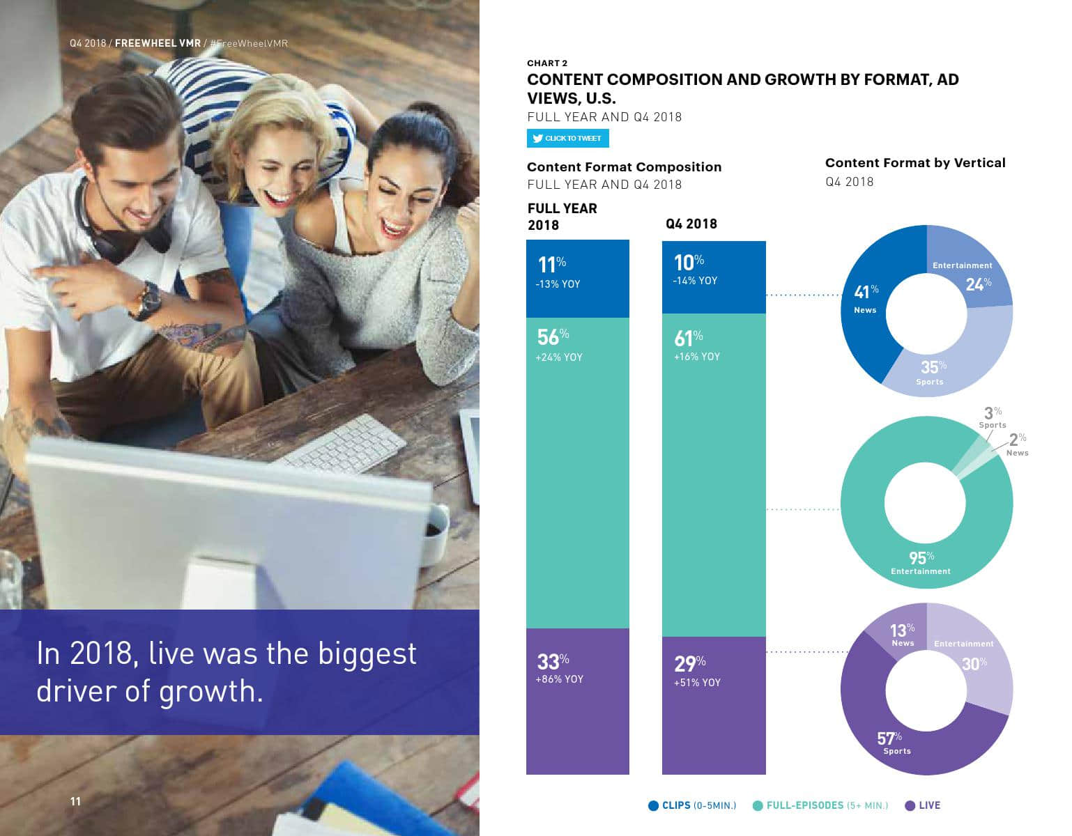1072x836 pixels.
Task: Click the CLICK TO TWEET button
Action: coord(567,139)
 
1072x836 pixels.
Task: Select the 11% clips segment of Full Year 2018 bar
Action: coord(578,279)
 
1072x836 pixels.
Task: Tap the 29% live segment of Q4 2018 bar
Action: coord(714,705)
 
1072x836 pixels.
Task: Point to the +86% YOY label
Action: coord(560,679)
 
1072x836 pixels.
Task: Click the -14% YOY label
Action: coord(695,281)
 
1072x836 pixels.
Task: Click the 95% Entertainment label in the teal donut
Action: coord(921,562)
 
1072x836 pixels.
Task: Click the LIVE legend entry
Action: coord(923,805)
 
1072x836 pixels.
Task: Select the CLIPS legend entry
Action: coord(692,805)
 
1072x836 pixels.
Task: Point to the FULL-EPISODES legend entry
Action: coord(820,805)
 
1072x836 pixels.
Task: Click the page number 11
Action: coord(75,801)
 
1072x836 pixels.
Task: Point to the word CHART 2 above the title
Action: coord(547,63)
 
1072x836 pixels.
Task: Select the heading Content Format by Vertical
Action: coord(915,162)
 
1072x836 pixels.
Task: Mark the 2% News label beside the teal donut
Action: coord(1018,444)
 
